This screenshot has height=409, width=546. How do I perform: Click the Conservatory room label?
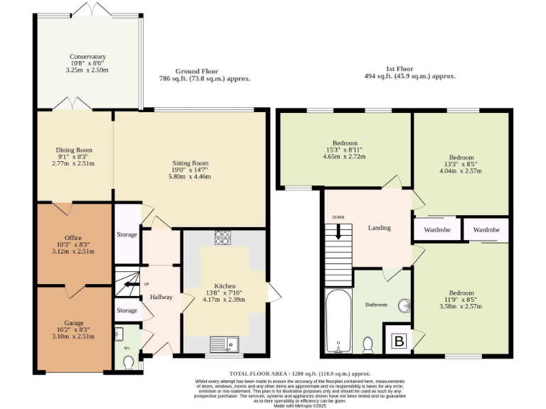pos(87,57)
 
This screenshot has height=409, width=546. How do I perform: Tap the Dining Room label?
pos(75,150)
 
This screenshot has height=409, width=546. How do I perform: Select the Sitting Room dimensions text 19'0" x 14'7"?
pos(190,170)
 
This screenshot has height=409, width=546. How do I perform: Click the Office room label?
pos(73,237)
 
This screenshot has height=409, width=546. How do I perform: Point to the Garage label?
pos(73,322)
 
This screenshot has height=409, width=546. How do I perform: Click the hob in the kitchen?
pos(222,238)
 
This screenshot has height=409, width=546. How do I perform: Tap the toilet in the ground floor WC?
pos(129,362)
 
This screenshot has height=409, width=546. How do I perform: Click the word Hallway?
pos(161,296)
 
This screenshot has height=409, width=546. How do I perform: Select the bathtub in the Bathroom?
pos(338,321)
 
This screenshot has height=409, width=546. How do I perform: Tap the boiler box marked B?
pos(399,342)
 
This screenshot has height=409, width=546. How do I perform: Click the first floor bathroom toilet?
pos(368,345)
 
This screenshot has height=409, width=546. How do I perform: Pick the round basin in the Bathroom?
pos(405,306)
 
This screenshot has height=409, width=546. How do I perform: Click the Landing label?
pos(379,228)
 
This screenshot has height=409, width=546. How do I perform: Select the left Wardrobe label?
pos(437,230)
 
